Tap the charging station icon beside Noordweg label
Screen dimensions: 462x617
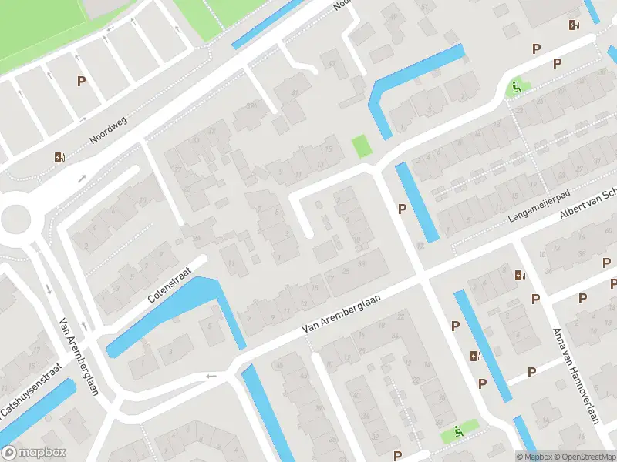59,157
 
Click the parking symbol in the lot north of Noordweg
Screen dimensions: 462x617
80,80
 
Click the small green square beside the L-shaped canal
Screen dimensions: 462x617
360,146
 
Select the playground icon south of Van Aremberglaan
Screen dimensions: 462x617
459,431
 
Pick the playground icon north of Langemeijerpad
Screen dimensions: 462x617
516,87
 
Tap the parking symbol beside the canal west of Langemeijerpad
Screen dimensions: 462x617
401,209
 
